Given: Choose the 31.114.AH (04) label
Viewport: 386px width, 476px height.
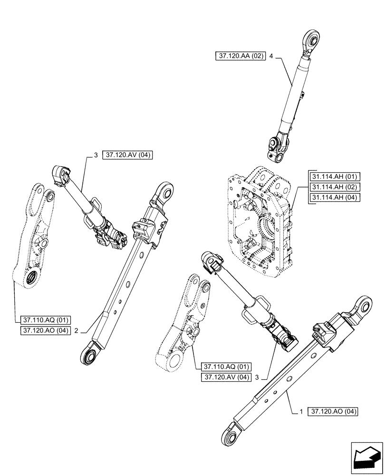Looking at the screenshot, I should point(334,198).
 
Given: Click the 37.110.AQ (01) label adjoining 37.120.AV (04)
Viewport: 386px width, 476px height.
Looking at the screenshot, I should point(226,367).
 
